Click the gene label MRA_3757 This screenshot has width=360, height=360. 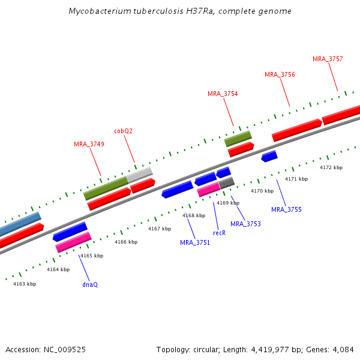coord(328,59)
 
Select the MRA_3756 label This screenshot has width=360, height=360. coord(280,74)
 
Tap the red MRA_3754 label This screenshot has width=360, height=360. coord(223,94)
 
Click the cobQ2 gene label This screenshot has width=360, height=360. coord(124,131)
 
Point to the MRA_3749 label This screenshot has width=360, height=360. coord(89,144)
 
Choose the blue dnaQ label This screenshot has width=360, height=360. coord(90,284)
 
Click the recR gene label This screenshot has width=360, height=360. coord(220,232)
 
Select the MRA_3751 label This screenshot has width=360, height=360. coord(195,242)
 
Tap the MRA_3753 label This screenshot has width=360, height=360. coord(245,224)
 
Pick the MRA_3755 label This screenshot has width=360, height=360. coord(286,209)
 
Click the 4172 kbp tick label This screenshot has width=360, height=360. coord(331,167)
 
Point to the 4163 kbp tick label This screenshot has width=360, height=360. coord(25,284)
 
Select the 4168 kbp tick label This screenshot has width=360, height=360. coord(194,215)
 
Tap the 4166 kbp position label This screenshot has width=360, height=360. coord(126,242)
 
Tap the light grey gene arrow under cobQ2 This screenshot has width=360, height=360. coord(140,175)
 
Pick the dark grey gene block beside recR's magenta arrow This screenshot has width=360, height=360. coord(227,183)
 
